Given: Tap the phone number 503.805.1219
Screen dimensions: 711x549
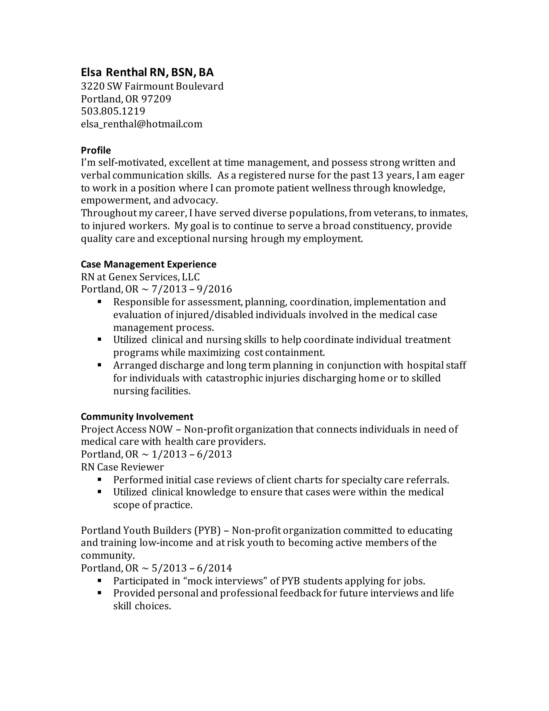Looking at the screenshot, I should [x=113, y=111].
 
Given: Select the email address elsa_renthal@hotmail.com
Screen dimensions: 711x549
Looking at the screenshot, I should [x=142, y=124].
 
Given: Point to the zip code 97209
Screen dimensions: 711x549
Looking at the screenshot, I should [x=157, y=99].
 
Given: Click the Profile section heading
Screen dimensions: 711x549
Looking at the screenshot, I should [x=96, y=151].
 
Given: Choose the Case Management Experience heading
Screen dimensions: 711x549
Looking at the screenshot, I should [x=148, y=264].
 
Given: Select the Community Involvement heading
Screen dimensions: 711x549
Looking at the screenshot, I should [x=137, y=417].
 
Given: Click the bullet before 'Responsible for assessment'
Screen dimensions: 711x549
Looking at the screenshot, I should [x=99, y=302].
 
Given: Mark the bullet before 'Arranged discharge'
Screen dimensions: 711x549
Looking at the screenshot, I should [x=99, y=365].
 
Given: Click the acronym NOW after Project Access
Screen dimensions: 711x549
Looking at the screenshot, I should [x=160, y=429].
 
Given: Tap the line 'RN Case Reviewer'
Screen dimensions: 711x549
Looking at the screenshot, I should [x=122, y=467].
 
